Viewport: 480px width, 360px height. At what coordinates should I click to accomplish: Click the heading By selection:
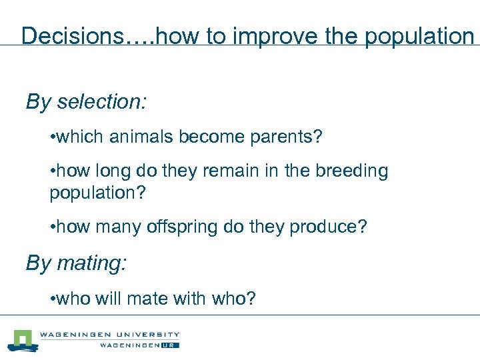(86, 102)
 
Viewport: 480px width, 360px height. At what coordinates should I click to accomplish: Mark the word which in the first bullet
(75, 137)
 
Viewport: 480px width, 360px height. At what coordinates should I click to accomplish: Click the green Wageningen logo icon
(22, 340)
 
